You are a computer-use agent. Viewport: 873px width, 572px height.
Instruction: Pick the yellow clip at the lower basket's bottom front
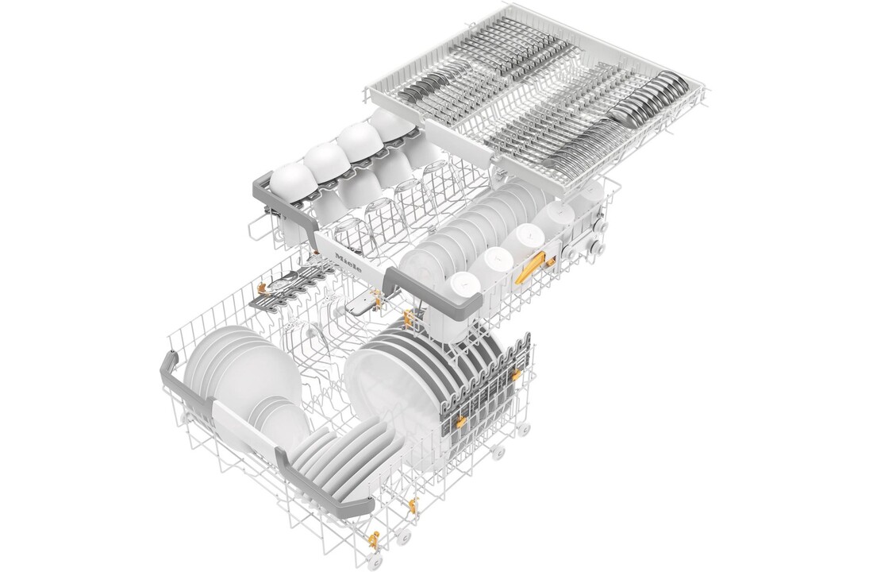point(413,505)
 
